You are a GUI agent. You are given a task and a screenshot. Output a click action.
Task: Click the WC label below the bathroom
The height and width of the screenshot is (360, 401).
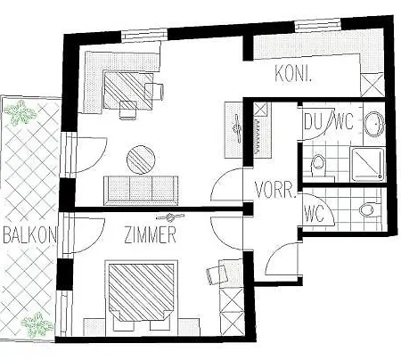313,214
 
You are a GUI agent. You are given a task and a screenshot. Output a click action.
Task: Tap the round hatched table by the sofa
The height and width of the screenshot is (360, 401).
142,160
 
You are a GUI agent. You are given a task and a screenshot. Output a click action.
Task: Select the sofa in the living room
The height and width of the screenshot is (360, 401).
139,188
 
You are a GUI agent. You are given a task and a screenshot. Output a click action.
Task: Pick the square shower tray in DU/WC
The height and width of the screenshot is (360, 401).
367,163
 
